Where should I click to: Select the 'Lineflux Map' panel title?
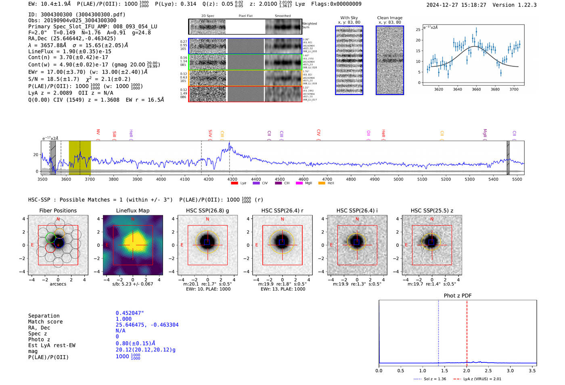[x=132, y=210]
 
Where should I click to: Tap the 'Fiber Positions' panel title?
[x=58, y=210]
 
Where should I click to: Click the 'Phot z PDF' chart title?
[x=458, y=296]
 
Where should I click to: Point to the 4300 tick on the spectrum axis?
[x=232, y=179]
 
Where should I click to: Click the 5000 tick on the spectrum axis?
[x=398, y=179]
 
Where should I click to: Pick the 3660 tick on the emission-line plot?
[x=476, y=89]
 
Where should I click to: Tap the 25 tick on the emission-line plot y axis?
[x=418, y=29]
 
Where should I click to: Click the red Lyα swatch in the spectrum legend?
[x=234, y=183]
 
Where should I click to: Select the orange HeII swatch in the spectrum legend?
[x=322, y=183]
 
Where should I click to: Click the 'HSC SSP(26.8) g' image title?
[x=207, y=210]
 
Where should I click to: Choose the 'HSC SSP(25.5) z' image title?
[x=432, y=210]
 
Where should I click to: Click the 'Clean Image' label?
[x=389, y=18]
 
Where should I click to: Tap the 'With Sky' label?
[x=349, y=18]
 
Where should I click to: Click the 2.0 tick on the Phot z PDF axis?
[x=466, y=370]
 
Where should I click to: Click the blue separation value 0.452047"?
[x=130, y=313]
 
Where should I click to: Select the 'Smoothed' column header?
[x=282, y=16]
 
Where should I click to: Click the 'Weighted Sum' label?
[x=310, y=25]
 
